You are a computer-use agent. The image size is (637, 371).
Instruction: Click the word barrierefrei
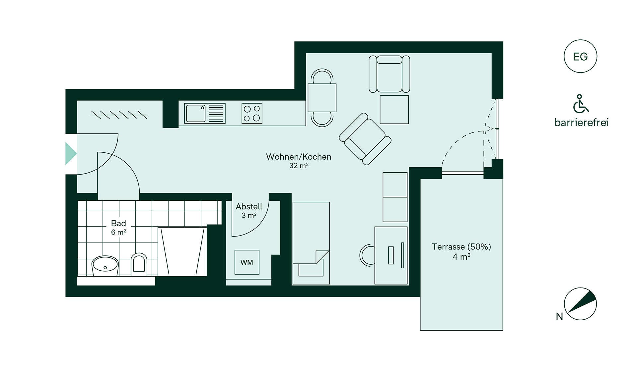pos(582,123)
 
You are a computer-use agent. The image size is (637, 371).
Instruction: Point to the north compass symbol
pos(580,304)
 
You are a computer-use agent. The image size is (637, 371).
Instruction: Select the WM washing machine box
pos(247,262)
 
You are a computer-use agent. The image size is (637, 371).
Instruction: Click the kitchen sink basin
pos(195,113)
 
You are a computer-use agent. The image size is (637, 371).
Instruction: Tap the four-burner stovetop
pos(252,113)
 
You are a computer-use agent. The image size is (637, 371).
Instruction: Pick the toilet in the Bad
pos(139,264)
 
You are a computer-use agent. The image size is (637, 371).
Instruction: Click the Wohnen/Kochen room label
pos(299,157)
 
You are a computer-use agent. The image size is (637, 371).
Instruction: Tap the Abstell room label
pos(249,206)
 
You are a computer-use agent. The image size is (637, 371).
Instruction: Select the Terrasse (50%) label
pos(461,247)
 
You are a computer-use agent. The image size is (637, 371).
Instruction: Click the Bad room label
pos(118,223)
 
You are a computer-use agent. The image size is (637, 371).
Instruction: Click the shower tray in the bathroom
pos(182,251)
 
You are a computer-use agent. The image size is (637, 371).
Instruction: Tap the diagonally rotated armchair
pos(365,139)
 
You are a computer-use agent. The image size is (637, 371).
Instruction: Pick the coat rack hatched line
pos(119,115)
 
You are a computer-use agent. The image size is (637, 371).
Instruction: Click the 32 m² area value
pos(299,165)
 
